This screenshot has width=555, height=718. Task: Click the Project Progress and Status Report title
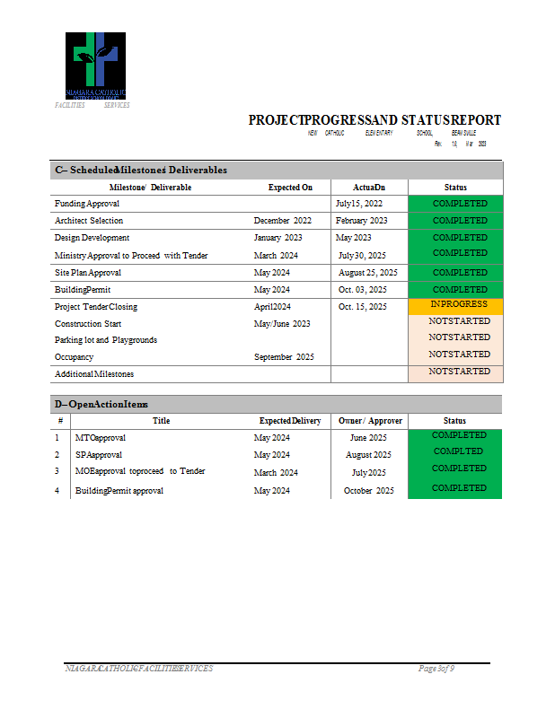click(374, 120)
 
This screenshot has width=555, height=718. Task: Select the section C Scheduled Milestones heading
click(141, 170)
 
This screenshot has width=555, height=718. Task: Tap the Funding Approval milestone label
click(81, 204)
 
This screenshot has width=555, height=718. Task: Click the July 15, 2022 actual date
click(359, 204)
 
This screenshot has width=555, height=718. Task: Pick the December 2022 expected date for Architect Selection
click(283, 221)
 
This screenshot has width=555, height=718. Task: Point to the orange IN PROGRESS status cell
click(454, 305)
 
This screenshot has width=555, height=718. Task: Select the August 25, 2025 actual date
click(368, 273)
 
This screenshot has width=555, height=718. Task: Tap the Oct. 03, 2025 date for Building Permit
click(363, 290)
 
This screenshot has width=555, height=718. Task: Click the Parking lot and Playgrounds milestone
click(106, 340)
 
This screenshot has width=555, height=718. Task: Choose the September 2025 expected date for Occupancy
click(284, 357)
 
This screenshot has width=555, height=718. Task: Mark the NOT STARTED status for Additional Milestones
click(459, 372)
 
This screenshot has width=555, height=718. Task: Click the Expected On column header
click(290, 188)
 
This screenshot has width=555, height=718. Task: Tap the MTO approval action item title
click(101, 438)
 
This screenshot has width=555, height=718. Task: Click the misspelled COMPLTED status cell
click(458, 451)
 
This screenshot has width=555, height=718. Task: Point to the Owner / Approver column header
click(370, 421)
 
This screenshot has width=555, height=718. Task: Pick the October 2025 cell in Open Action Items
click(369, 491)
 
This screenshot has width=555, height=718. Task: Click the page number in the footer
click(437, 669)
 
